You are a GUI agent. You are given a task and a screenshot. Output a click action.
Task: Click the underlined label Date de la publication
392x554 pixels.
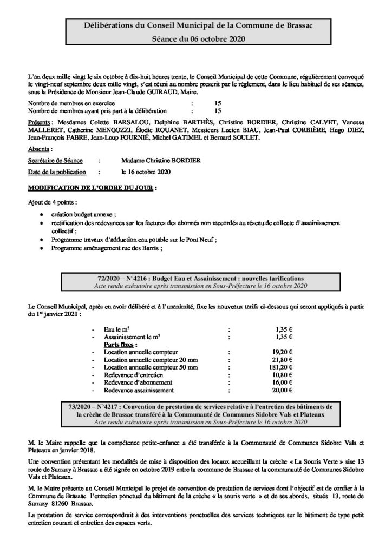57,172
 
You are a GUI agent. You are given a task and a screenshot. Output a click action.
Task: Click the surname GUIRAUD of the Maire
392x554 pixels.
160,93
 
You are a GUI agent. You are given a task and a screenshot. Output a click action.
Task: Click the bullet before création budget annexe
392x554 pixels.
42,214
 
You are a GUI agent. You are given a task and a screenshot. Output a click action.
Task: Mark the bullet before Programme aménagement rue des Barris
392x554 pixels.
42,248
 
